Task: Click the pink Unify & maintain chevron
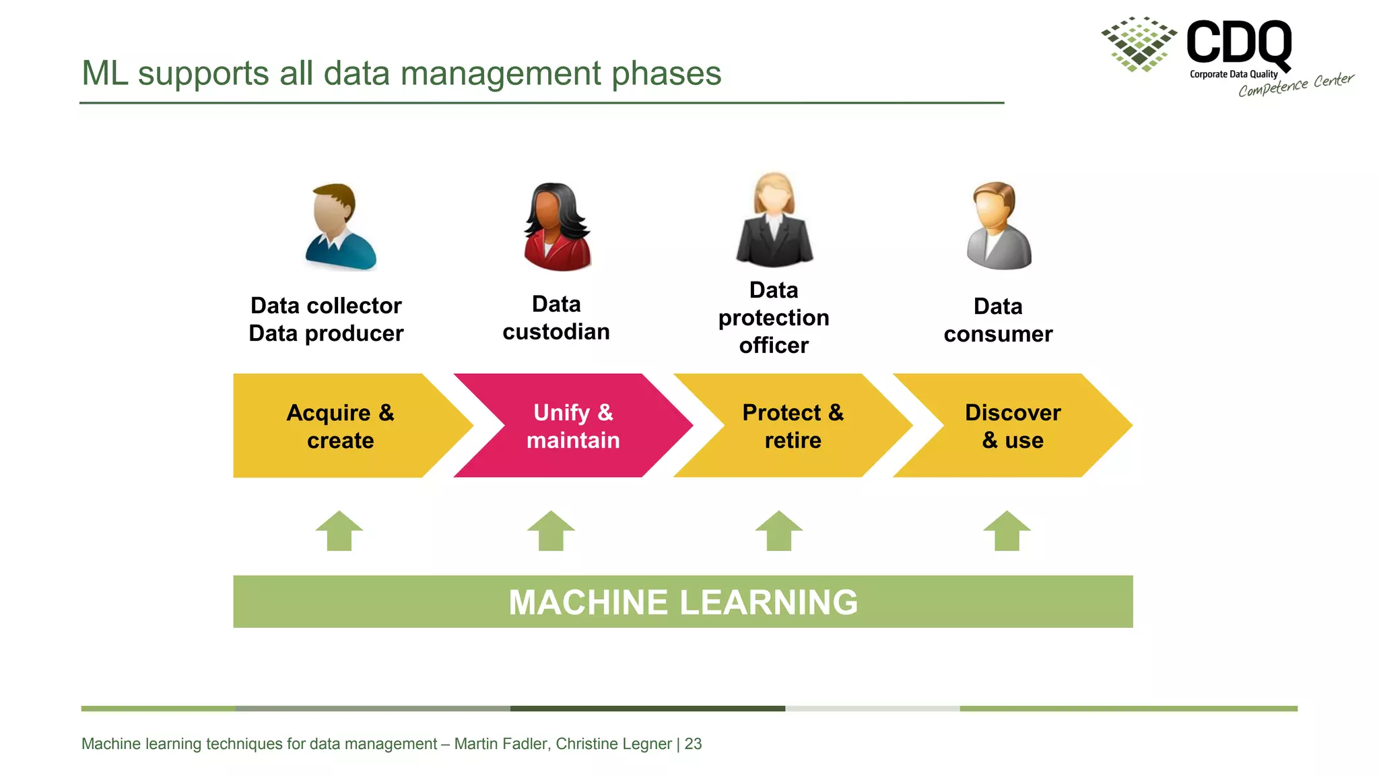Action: [x=572, y=426]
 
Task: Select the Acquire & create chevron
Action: [x=341, y=426]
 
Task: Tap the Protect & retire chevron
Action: [x=793, y=426]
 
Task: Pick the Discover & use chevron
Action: [x=1012, y=426]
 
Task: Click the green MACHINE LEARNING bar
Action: [x=683, y=602]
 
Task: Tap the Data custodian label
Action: [x=556, y=318]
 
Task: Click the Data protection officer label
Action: [x=774, y=317]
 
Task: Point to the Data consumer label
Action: [x=998, y=320]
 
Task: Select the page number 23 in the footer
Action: [x=693, y=744]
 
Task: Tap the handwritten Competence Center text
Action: [x=1296, y=86]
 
